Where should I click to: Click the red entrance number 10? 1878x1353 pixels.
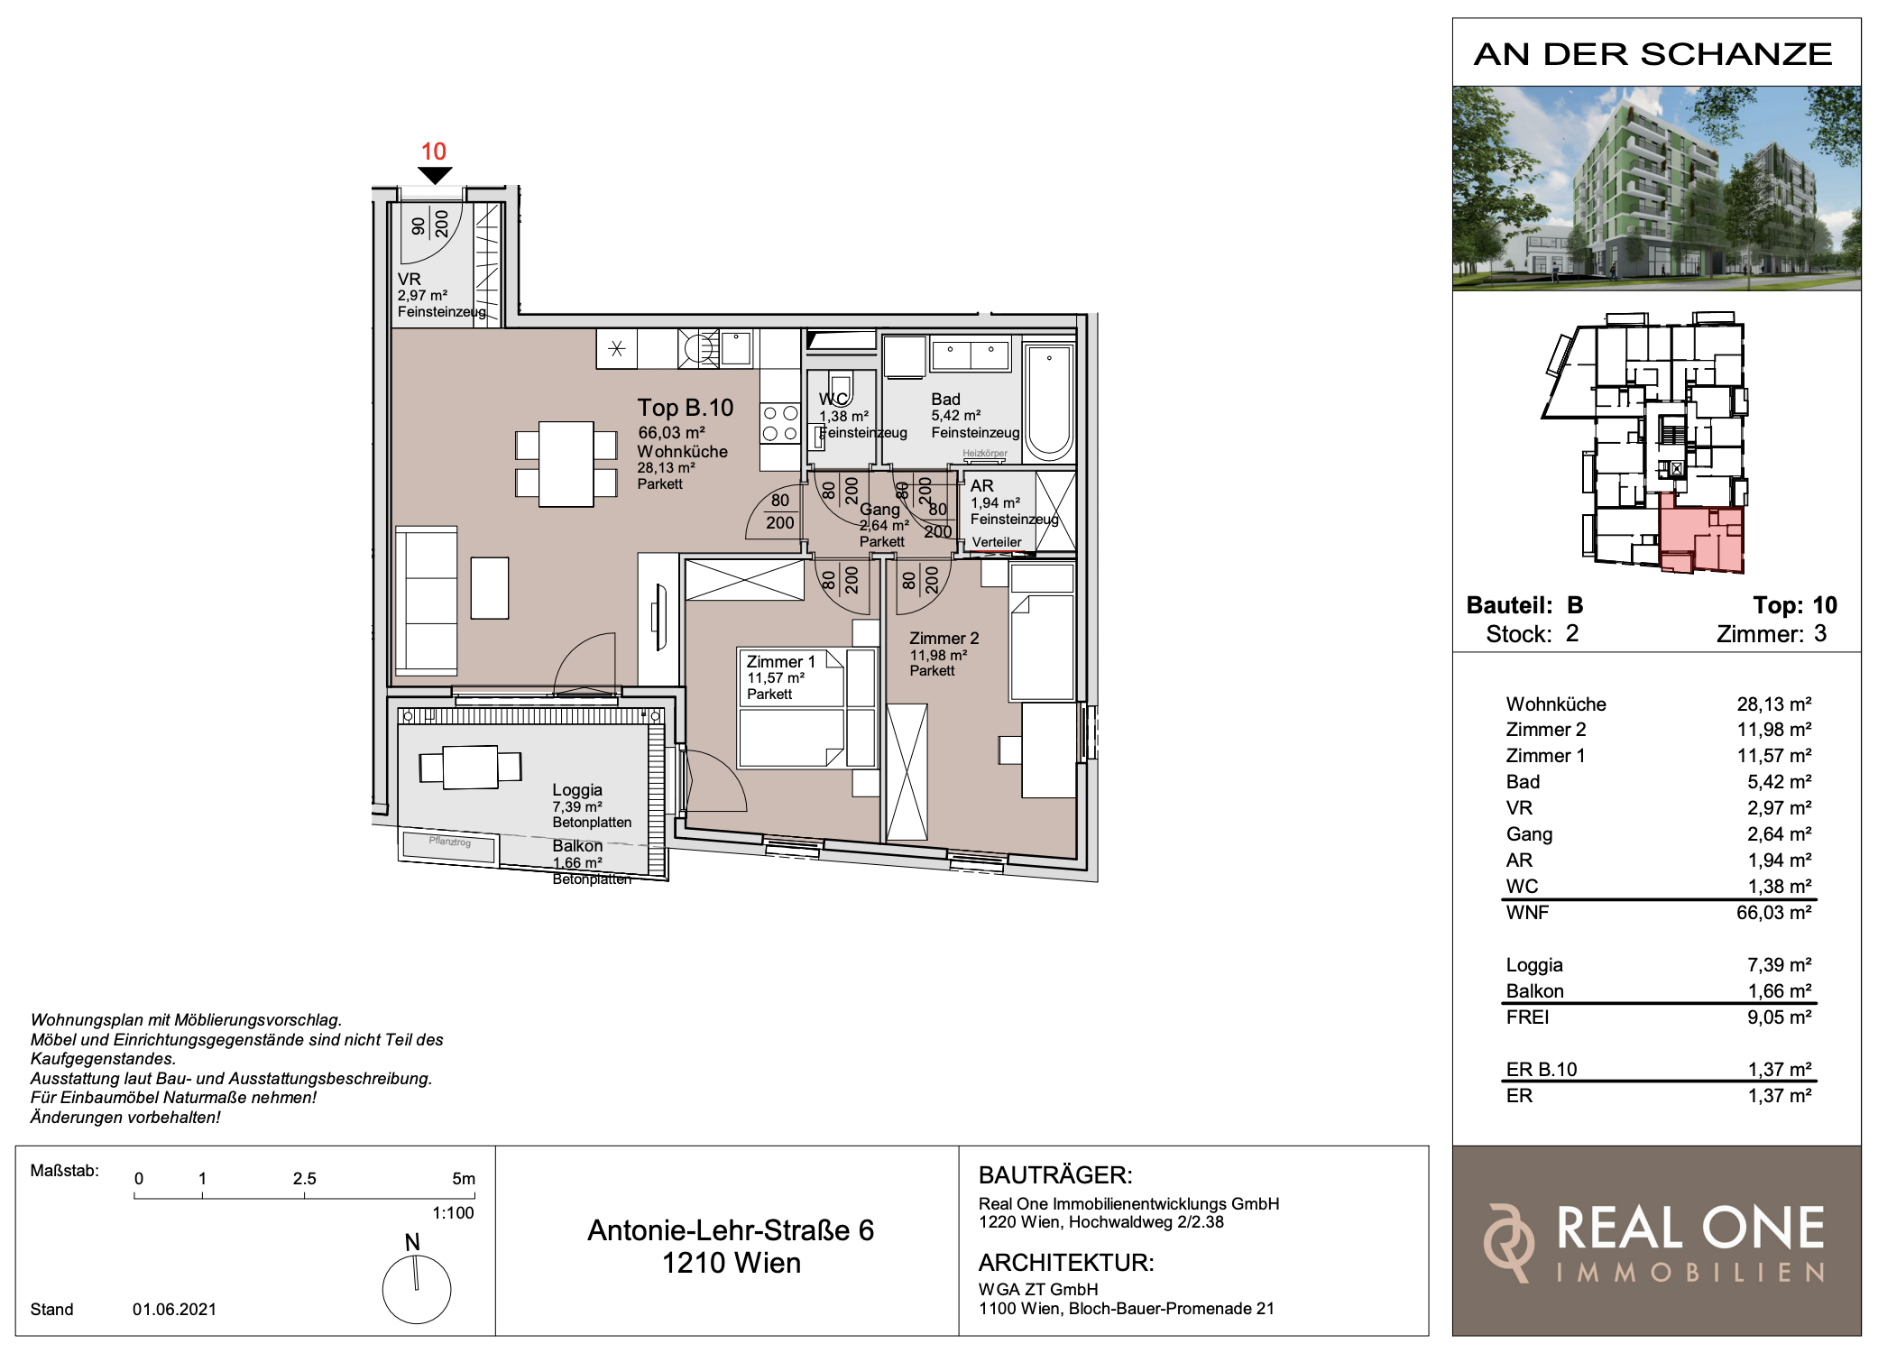[x=434, y=152]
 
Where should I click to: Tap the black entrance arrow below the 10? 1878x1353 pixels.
[x=435, y=176]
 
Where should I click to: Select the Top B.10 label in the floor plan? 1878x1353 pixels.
[x=686, y=408]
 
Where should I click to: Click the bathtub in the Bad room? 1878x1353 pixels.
[x=1049, y=401]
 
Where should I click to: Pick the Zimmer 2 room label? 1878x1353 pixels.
[x=944, y=638]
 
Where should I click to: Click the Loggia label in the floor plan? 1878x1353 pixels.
[x=577, y=789]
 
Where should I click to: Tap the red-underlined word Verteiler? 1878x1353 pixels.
[x=997, y=542]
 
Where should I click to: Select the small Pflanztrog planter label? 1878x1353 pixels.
[x=450, y=842]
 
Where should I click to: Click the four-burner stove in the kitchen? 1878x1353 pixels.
[x=780, y=423]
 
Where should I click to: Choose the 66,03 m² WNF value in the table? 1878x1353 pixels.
[x=1773, y=912]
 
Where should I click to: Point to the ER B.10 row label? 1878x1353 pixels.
[x=1541, y=1069]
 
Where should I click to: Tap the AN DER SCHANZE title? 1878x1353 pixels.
[x=1652, y=54]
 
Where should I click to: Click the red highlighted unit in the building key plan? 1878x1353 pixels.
[x=1701, y=539]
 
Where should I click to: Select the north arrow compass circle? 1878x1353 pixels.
[x=417, y=1290]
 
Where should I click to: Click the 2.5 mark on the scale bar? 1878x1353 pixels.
[x=304, y=1178]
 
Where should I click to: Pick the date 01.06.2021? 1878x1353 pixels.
[x=174, y=1309]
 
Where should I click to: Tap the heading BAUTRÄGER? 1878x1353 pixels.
[x=1055, y=1174]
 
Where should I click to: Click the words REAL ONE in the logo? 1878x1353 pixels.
[x=1690, y=1228]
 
